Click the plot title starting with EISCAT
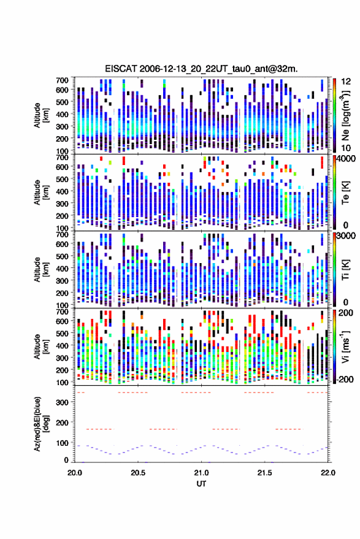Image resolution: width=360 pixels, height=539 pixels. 201,69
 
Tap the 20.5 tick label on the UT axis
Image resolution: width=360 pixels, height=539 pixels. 138,473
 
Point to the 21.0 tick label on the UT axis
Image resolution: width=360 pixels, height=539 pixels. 201,473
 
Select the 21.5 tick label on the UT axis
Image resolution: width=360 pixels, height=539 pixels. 264,473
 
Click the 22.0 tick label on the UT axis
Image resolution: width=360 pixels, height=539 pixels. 327,473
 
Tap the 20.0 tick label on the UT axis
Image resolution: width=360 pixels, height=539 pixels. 75,473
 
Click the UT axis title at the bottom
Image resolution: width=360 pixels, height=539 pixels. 201,484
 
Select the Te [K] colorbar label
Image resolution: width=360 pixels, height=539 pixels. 345,193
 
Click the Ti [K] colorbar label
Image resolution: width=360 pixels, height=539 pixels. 345,270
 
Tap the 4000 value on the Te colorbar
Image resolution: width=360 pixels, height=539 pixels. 346,159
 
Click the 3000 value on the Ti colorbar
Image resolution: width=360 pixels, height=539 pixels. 346,236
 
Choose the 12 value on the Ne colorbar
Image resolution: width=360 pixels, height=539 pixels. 346,82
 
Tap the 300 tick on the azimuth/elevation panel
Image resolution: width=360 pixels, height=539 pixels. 62,402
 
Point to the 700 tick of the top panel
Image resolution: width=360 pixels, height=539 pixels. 62,80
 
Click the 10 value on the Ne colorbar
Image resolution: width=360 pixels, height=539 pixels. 346,148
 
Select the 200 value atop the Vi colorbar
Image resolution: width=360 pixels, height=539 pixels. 346,313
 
